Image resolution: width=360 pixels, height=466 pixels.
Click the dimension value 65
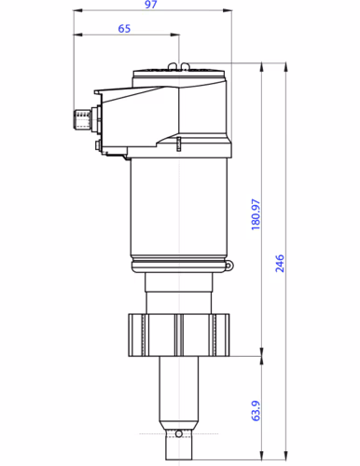point(124,29)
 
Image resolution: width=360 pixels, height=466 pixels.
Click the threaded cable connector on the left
point(83,118)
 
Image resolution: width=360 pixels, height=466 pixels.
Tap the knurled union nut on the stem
point(180,336)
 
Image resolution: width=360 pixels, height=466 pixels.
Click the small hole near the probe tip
point(180,433)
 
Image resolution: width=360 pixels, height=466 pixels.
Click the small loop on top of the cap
point(185,65)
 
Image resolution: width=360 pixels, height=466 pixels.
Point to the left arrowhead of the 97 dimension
point(77,11)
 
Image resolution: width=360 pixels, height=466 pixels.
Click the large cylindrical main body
point(180,210)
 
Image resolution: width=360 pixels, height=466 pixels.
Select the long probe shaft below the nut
point(180,391)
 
